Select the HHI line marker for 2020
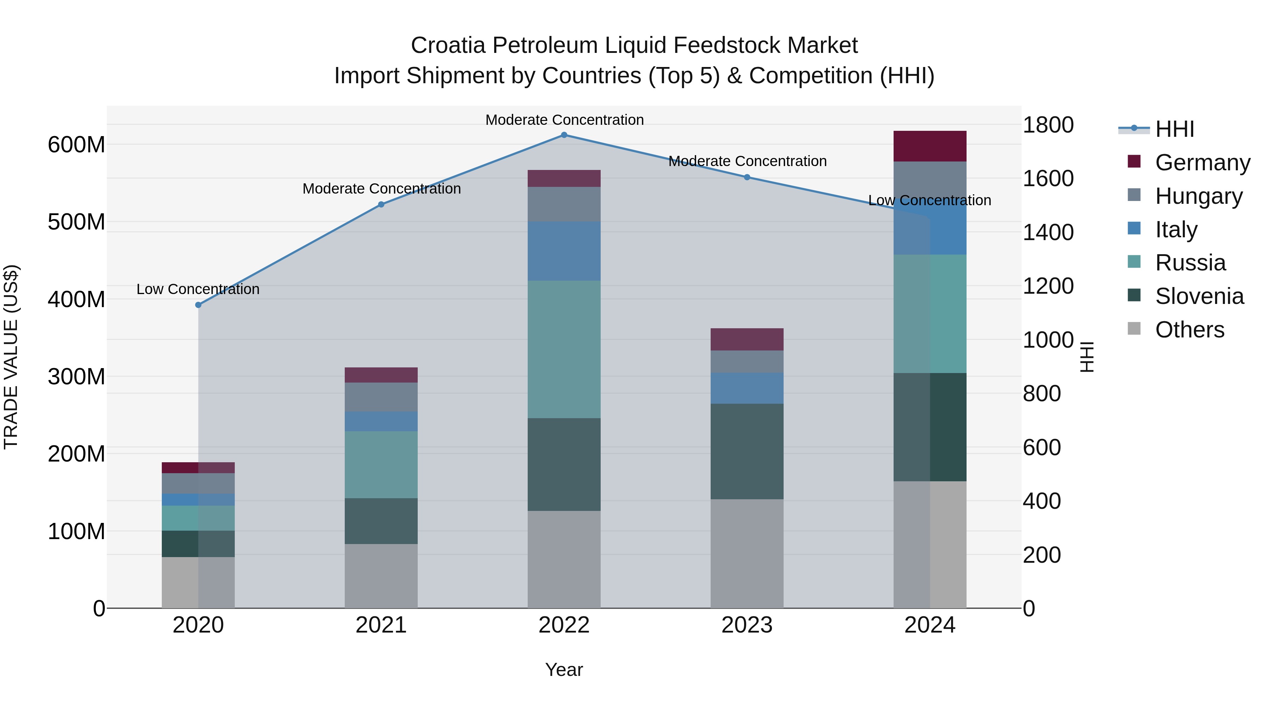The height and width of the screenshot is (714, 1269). pyautogui.click(x=198, y=305)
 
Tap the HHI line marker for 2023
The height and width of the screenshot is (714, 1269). pyautogui.click(x=747, y=177)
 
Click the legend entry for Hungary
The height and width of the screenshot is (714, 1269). pyautogui.click(x=1198, y=196)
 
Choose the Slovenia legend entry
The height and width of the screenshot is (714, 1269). pyautogui.click(x=1199, y=297)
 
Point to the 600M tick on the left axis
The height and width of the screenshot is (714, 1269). pyautogui.click(x=76, y=145)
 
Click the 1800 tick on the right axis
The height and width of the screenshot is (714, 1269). pyautogui.click(x=1048, y=125)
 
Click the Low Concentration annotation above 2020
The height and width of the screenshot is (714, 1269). pyautogui.click(x=198, y=289)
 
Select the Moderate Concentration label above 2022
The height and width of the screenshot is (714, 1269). pyautogui.click(x=565, y=120)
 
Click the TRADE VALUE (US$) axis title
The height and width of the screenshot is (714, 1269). pyautogui.click(x=11, y=357)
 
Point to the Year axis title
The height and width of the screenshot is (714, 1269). pyautogui.click(x=564, y=670)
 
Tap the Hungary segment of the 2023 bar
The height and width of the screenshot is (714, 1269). pyautogui.click(x=747, y=362)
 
